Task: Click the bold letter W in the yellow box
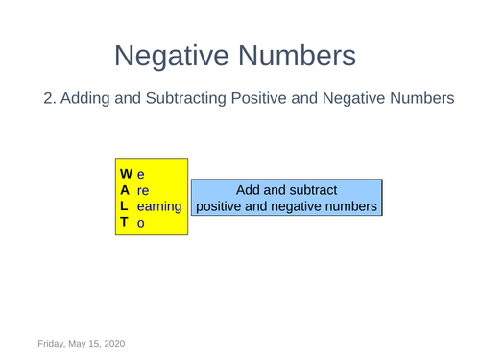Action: click(x=127, y=175)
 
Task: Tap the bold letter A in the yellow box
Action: click(x=126, y=190)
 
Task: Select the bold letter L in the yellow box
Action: click(x=125, y=206)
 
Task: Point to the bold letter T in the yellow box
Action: click(x=125, y=223)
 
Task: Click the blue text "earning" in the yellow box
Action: click(x=158, y=206)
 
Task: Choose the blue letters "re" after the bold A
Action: click(x=143, y=190)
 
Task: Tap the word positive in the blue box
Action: click(x=225, y=206)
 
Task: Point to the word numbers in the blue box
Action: click(x=348, y=206)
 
